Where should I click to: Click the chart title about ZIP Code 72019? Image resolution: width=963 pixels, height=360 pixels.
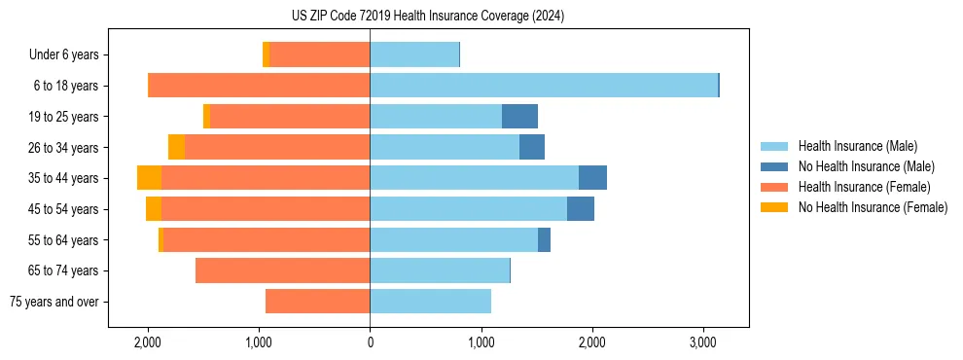pos(427,17)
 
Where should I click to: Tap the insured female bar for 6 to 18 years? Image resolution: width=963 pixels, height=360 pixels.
pos(259,86)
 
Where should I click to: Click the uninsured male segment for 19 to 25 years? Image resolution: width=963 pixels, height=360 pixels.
pos(519,117)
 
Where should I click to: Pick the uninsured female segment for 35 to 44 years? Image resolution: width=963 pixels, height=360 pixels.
pos(149,178)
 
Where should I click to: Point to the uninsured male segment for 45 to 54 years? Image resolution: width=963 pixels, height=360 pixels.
pos(581,209)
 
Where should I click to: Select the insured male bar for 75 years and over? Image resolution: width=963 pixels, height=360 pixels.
pos(430,302)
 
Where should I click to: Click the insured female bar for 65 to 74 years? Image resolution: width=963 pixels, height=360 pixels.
pos(282,270)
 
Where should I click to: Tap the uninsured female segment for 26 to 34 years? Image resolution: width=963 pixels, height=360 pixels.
pos(176,147)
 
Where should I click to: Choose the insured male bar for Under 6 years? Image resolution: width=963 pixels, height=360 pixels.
pos(414,55)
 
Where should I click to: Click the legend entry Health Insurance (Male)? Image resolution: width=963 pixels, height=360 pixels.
pos(857,146)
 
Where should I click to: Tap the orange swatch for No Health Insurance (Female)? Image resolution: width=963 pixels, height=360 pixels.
pos(775,207)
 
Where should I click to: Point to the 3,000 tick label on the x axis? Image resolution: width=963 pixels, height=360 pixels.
pos(703,343)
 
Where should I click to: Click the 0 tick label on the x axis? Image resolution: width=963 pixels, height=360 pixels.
pos(370,343)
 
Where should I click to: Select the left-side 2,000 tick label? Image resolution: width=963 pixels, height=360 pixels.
pos(148,343)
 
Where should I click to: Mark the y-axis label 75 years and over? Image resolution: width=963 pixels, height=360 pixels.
pos(54,302)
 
